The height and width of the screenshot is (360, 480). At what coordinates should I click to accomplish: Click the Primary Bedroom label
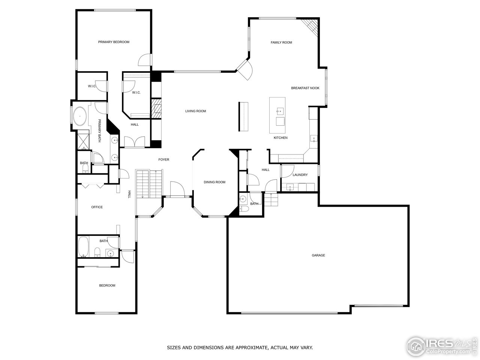[114, 42]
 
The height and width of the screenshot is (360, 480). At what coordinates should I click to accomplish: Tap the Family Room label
[281, 42]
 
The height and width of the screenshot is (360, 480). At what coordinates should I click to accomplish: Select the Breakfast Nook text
[305, 88]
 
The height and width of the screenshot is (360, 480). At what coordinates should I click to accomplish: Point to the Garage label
[318, 255]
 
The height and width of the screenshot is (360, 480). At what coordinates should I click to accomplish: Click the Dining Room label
[214, 182]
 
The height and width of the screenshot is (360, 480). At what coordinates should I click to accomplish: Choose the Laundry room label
[300, 175]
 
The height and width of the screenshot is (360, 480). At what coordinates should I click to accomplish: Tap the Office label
[97, 207]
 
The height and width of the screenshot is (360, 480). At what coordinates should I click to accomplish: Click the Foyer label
[163, 160]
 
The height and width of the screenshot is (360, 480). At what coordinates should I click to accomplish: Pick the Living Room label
[195, 111]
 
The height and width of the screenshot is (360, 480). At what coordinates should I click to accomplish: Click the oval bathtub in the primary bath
[79, 117]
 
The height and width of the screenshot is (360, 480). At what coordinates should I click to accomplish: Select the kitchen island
[277, 115]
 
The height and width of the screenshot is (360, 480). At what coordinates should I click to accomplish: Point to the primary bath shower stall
[83, 139]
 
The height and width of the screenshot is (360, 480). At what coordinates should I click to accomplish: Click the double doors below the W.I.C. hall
[134, 141]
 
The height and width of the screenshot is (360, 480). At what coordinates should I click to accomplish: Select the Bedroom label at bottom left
[107, 285]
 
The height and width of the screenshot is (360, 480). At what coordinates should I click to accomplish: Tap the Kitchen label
[280, 138]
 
